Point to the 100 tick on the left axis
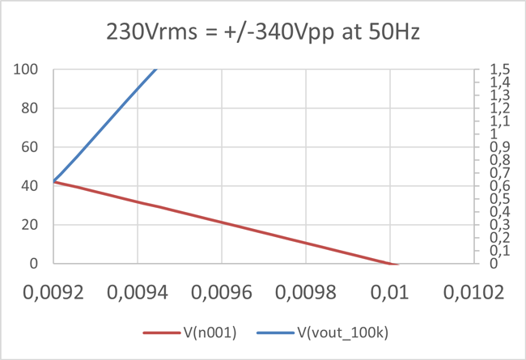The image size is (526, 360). click(x=29, y=70)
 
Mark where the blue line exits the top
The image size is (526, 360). click(x=155, y=70)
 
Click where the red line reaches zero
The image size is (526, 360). click(x=392, y=264)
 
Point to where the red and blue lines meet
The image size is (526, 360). click(x=54, y=181)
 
